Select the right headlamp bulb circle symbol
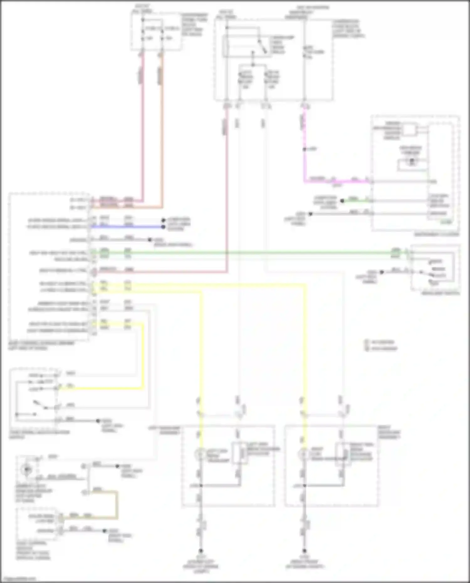[303, 453]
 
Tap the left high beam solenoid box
[240, 453]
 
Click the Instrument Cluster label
[436, 234]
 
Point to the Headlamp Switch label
[440, 294]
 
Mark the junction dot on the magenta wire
[304, 149]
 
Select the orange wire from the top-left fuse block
[162, 125]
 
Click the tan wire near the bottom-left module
[117, 504]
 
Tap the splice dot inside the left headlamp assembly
[201, 486]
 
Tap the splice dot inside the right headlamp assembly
[304, 486]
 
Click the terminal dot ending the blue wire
[163, 227]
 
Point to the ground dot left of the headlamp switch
[382, 272]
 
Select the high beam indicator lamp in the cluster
[412, 162]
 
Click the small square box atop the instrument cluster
[409, 130]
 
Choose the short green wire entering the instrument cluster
[357, 200]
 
